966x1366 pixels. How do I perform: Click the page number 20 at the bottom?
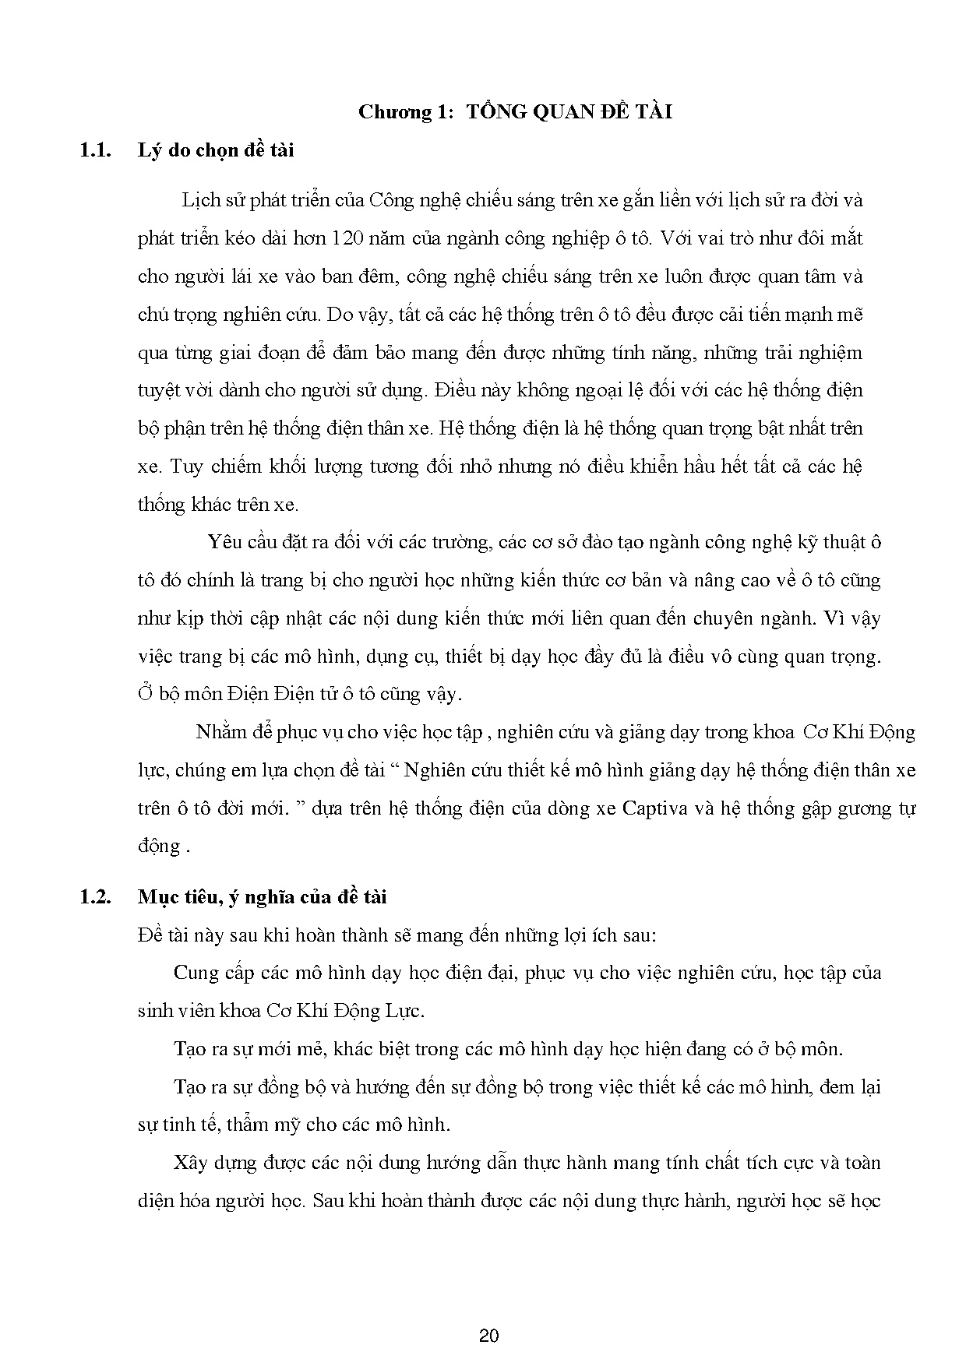coord(489,1336)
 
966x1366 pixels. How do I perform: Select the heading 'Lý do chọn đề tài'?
coord(216,150)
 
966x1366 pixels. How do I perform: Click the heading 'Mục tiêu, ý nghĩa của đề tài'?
coord(262,897)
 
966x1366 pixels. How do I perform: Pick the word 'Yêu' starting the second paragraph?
coord(226,543)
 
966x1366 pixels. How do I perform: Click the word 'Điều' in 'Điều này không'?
coord(457,391)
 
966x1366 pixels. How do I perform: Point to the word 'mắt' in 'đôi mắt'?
coord(844,238)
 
